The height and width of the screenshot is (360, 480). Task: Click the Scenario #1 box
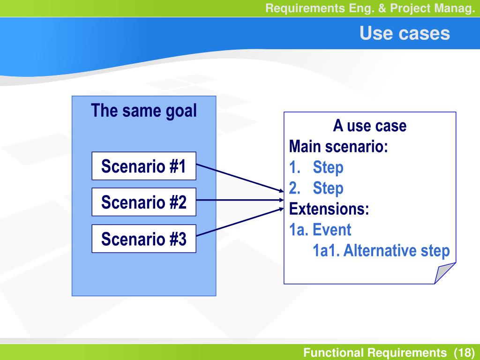[x=144, y=166]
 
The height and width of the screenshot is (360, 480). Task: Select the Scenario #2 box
[x=144, y=202]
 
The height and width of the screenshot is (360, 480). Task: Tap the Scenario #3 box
[x=144, y=239]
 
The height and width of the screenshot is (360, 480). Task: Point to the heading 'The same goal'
[x=143, y=111]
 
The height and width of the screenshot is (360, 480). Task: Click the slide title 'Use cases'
[x=405, y=33]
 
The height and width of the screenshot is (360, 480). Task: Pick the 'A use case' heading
[x=370, y=126]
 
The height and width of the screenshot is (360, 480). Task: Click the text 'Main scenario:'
[x=338, y=146]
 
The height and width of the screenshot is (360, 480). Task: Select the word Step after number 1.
[x=328, y=168]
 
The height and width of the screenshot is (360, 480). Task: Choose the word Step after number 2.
[x=328, y=188]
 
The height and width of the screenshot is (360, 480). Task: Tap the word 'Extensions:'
[x=329, y=209]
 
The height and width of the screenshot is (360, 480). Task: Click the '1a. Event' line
[x=320, y=230]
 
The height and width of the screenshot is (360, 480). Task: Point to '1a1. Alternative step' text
[x=381, y=251]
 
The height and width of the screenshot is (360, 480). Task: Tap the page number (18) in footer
[x=465, y=352]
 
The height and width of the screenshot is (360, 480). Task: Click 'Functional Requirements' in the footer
[x=375, y=352]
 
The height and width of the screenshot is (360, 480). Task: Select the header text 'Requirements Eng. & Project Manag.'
[x=370, y=8]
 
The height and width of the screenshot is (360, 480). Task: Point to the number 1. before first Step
[x=295, y=167]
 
